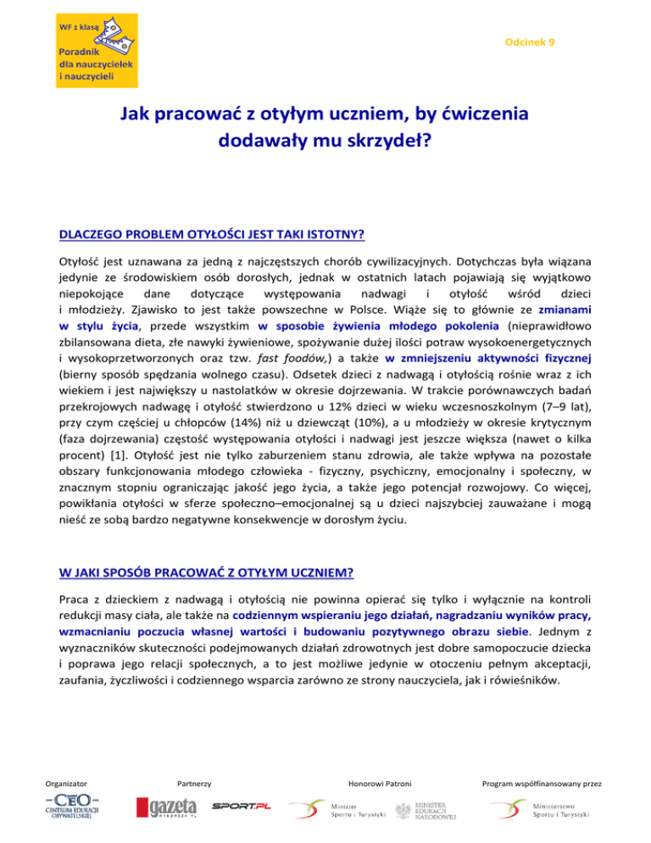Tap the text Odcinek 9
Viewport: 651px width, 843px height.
(530, 42)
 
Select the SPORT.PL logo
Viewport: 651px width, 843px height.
(242, 805)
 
